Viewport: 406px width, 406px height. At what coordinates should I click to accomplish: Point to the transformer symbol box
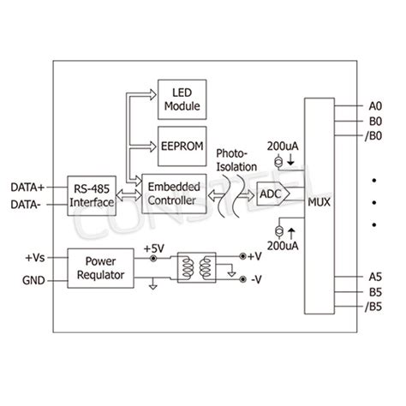[197, 267]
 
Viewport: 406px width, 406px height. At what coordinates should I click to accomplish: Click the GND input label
[34, 279]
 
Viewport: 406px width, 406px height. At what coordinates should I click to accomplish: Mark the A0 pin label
[375, 105]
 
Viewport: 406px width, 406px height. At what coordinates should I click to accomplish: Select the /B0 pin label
[374, 135]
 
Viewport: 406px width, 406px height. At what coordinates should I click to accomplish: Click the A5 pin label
[375, 277]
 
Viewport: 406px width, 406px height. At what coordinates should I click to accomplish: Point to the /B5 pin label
[374, 307]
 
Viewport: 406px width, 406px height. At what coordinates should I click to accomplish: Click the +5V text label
[154, 248]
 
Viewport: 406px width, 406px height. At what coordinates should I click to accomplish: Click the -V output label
[256, 279]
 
